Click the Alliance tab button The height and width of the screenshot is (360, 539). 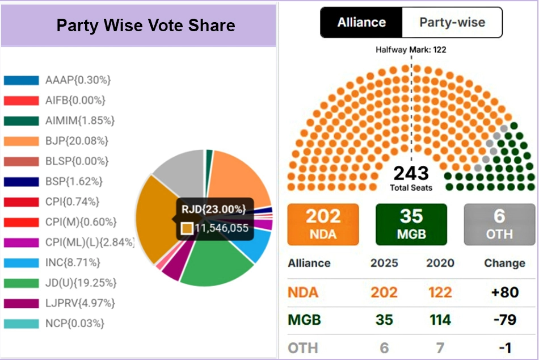tap(361, 23)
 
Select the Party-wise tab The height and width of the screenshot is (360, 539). tap(452, 23)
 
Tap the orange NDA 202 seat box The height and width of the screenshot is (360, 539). tap(323, 224)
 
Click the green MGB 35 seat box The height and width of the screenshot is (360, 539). tap(411, 224)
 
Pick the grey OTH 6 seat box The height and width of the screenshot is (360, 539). tap(499, 224)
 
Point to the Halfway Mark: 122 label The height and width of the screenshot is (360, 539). tap(411, 50)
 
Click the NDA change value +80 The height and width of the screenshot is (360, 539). tap(504, 292)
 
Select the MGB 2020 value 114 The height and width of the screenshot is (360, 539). tap(440, 320)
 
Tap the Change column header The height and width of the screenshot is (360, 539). tap(504, 263)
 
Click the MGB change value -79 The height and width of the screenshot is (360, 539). tap(504, 320)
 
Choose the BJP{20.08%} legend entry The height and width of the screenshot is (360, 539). tap(77, 141)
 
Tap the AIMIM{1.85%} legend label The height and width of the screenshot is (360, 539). tap(80, 120)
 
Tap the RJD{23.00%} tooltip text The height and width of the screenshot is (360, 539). tap(214, 210)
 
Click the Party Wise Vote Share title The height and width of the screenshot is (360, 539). tap(146, 26)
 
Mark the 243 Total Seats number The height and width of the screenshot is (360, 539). tap(411, 173)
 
